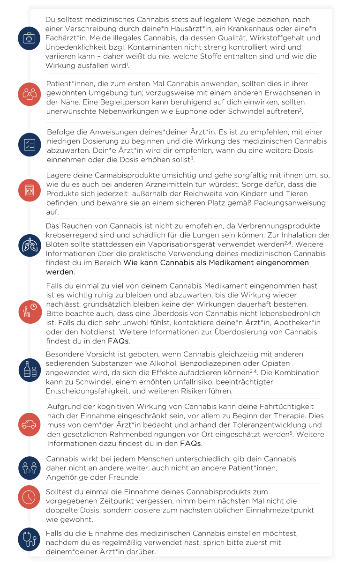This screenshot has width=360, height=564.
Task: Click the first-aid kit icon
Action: click(29, 38)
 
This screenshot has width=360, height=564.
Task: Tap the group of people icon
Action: click(29, 94)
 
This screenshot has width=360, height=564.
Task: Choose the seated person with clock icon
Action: click(29, 311)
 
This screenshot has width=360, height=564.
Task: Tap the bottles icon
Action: click(29, 369)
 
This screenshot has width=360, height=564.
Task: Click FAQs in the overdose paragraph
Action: click(118, 341)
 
